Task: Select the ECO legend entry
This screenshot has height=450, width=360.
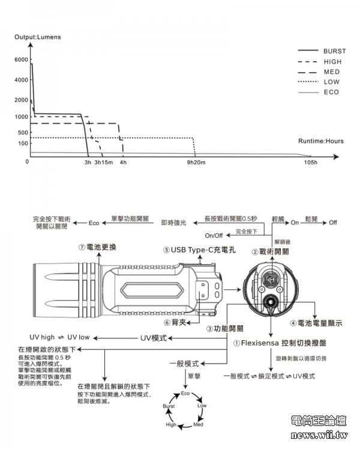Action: pyautogui.click(x=331, y=92)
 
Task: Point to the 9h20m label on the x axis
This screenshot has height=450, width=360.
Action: pyautogui.click(x=196, y=163)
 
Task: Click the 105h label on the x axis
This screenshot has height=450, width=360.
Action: pyautogui.click(x=311, y=163)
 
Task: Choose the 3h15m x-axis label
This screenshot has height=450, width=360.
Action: pyautogui.click(x=103, y=163)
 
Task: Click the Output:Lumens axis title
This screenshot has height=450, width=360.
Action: pyautogui.click(x=38, y=37)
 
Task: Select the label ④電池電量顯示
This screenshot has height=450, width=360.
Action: pyautogui.click(x=316, y=323)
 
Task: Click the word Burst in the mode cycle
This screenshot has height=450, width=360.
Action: pyautogui.click(x=169, y=407)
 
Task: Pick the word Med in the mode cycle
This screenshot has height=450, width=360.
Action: pyautogui.click(x=197, y=425)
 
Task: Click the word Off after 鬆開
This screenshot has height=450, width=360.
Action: pyautogui.click(x=333, y=223)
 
